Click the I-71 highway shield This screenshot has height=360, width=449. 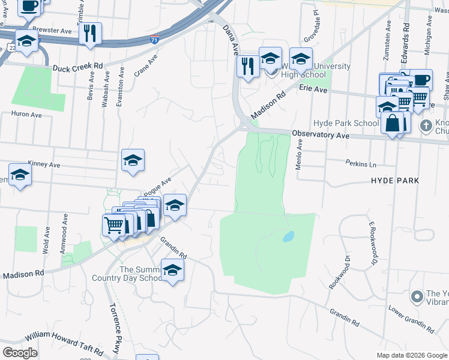(155, 40)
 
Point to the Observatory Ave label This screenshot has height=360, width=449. (321, 135)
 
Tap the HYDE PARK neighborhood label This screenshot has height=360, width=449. (394, 180)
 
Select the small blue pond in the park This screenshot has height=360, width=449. (288, 236)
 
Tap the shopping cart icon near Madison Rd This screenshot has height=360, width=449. (114, 226)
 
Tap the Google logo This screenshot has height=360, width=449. (20, 352)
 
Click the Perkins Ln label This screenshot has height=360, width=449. (361, 163)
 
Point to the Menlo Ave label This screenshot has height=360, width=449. (299, 155)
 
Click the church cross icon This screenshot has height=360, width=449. (426, 126)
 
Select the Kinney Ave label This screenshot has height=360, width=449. (44, 164)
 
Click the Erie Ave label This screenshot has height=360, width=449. (313, 89)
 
